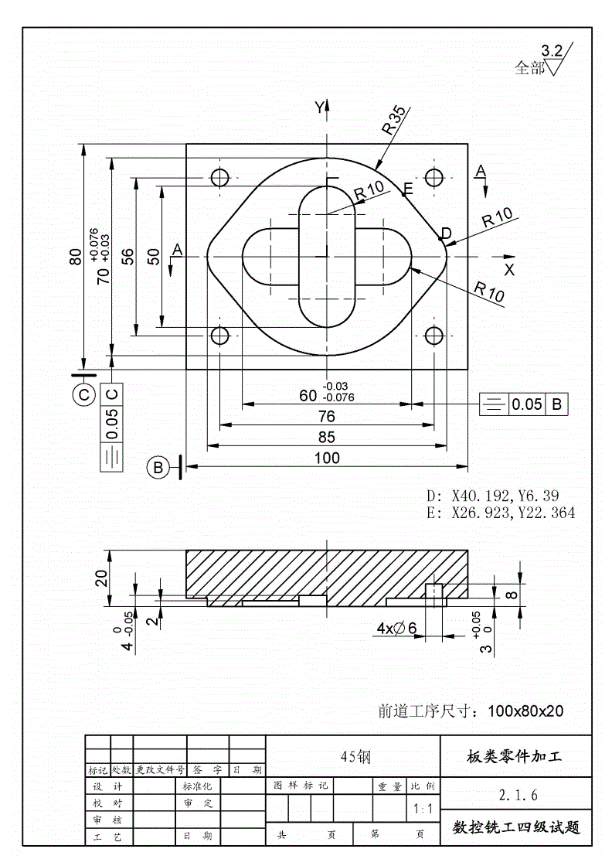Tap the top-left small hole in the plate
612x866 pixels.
(x=220, y=177)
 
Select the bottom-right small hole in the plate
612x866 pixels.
(x=434, y=335)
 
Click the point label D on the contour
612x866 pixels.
(x=446, y=233)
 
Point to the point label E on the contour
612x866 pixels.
(x=408, y=189)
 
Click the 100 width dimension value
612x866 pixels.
(x=327, y=458)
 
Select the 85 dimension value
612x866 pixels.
(x=327, y=437)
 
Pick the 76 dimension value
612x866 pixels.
(x=327, y=416)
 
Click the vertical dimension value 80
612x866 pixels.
(x=75, y=256)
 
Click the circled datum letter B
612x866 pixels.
(x=158, y=467)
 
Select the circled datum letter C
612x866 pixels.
(x=83, y=394)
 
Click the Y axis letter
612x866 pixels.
(x=318, y=108)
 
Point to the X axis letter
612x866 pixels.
(x=509, y=270)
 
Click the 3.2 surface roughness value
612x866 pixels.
(x=552, y=51)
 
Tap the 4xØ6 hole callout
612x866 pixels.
(x=396, y=629)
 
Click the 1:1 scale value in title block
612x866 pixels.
(x=423, y=810)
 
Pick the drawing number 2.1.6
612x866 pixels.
(x=518, y=794)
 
